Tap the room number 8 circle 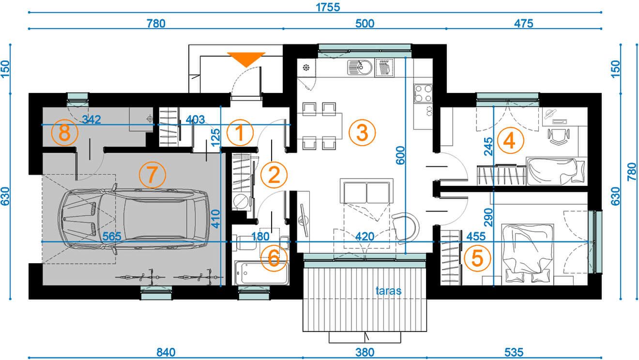pyautogui.click(x=65, y=133)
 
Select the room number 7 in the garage pyautogui.click(x=152, y=175)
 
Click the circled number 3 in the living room pyautogui.click(x=362, y=133)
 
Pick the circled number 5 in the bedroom pyautogui.click(x=477, y=258)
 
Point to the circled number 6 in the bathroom pyautogui.click(x=274, y=258)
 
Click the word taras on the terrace pyautogui.click(x=388, y=291)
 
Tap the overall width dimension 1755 pyautogui.click(x=328, y=7)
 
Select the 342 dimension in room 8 pyautogui.click(x=91, y=120)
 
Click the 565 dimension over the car pyautogui.click(x=111, y=236)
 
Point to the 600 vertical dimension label pyautogui.click(x=400, y=155)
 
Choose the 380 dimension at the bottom pyautogui.click(x=365, y=353)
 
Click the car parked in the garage pyautogui.click(x=134, y=219)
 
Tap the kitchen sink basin pyautogui.click(x=360, y=68)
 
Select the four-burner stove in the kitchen pyautogui.click(x=423, y=94)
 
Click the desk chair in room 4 pyautogui.click(x=559, y=136)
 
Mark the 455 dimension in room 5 pyautogui.click(x=476, y=236)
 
